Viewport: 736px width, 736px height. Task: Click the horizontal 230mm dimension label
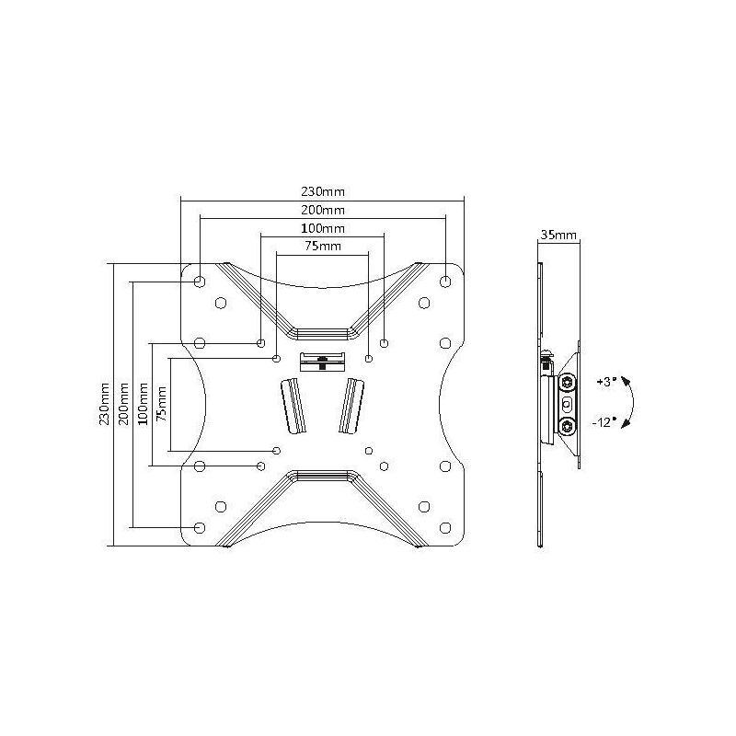tap(323, 191)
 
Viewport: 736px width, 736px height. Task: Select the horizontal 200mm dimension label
tap(323, 210)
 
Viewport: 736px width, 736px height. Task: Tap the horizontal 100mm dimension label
tap(323, 228)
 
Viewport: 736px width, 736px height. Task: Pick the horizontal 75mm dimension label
tap(323, 246)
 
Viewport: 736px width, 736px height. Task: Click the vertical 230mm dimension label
tap(104, 404)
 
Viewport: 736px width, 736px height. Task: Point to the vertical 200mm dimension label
tap(124, 404)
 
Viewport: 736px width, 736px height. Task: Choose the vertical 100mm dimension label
tap(144, 404)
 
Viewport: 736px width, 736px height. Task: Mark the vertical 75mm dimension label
tap(162, 404)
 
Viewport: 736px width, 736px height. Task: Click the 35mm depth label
tap(558, 235)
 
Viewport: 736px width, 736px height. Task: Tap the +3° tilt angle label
tap(606, 382)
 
